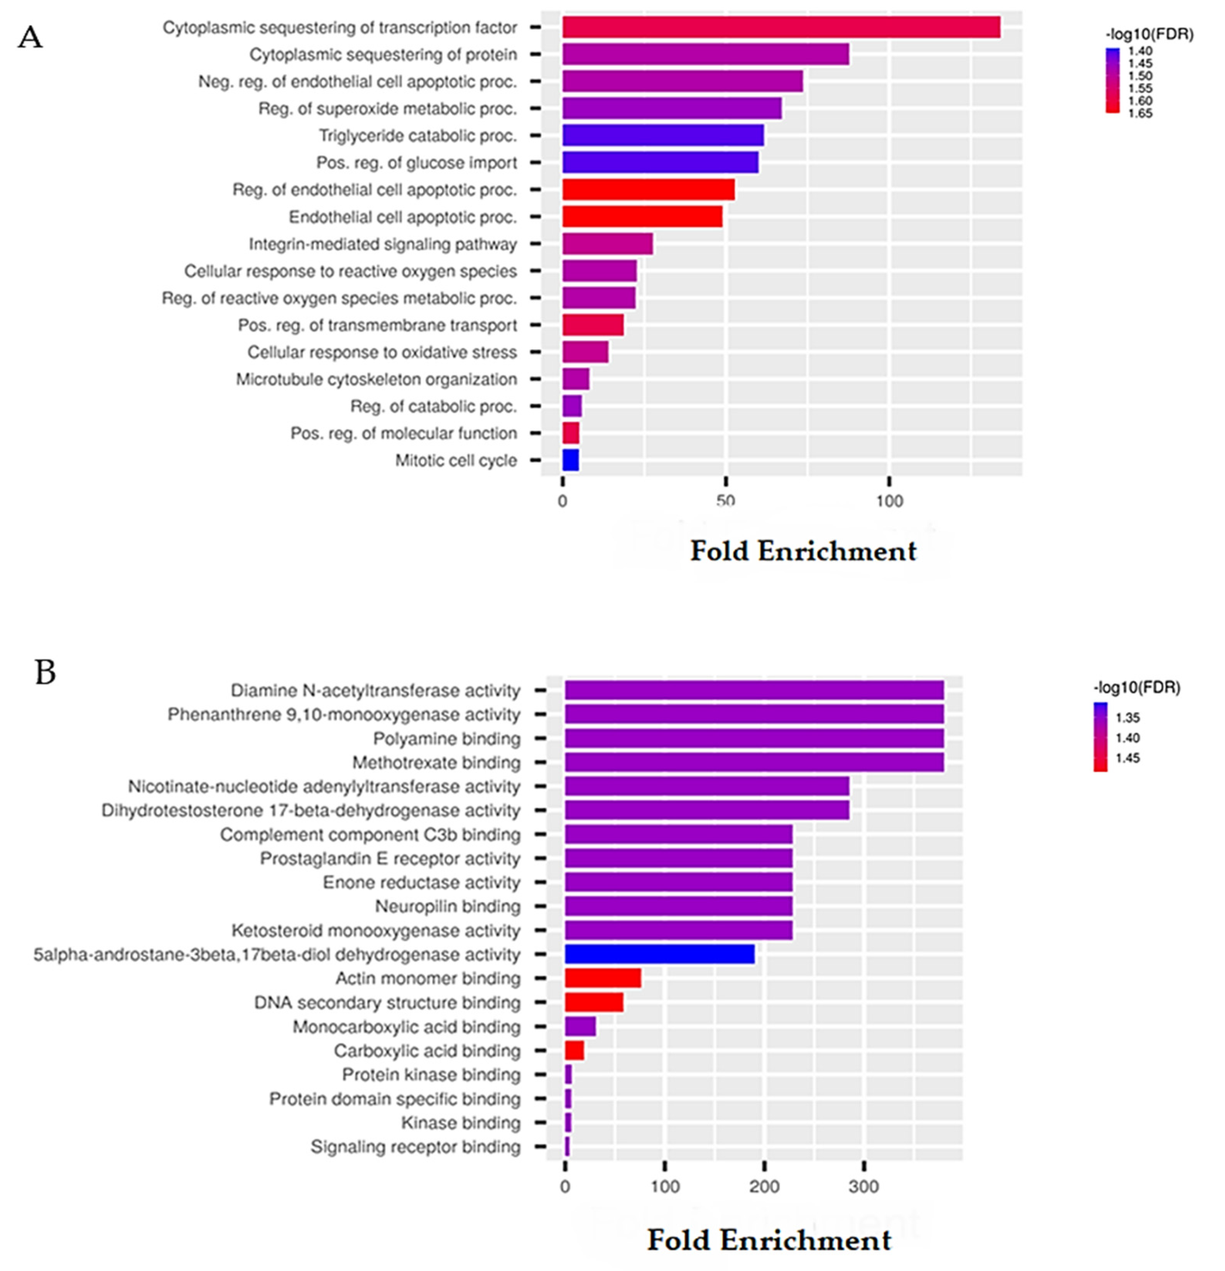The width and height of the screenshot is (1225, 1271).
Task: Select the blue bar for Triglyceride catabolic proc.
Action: [x=662, y=135]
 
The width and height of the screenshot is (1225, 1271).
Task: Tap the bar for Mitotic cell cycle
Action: [x=570, y=460]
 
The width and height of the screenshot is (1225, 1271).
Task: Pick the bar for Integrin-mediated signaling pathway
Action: [x=607, y=244]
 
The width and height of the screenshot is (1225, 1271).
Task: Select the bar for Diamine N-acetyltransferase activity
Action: [x=754, y=690]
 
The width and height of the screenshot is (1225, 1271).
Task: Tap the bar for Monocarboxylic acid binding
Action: [x=580, y=1026]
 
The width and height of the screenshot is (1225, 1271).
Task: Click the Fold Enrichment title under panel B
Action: [x=769, y=1241]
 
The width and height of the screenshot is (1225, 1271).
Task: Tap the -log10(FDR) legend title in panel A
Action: [x=1149, y=34]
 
